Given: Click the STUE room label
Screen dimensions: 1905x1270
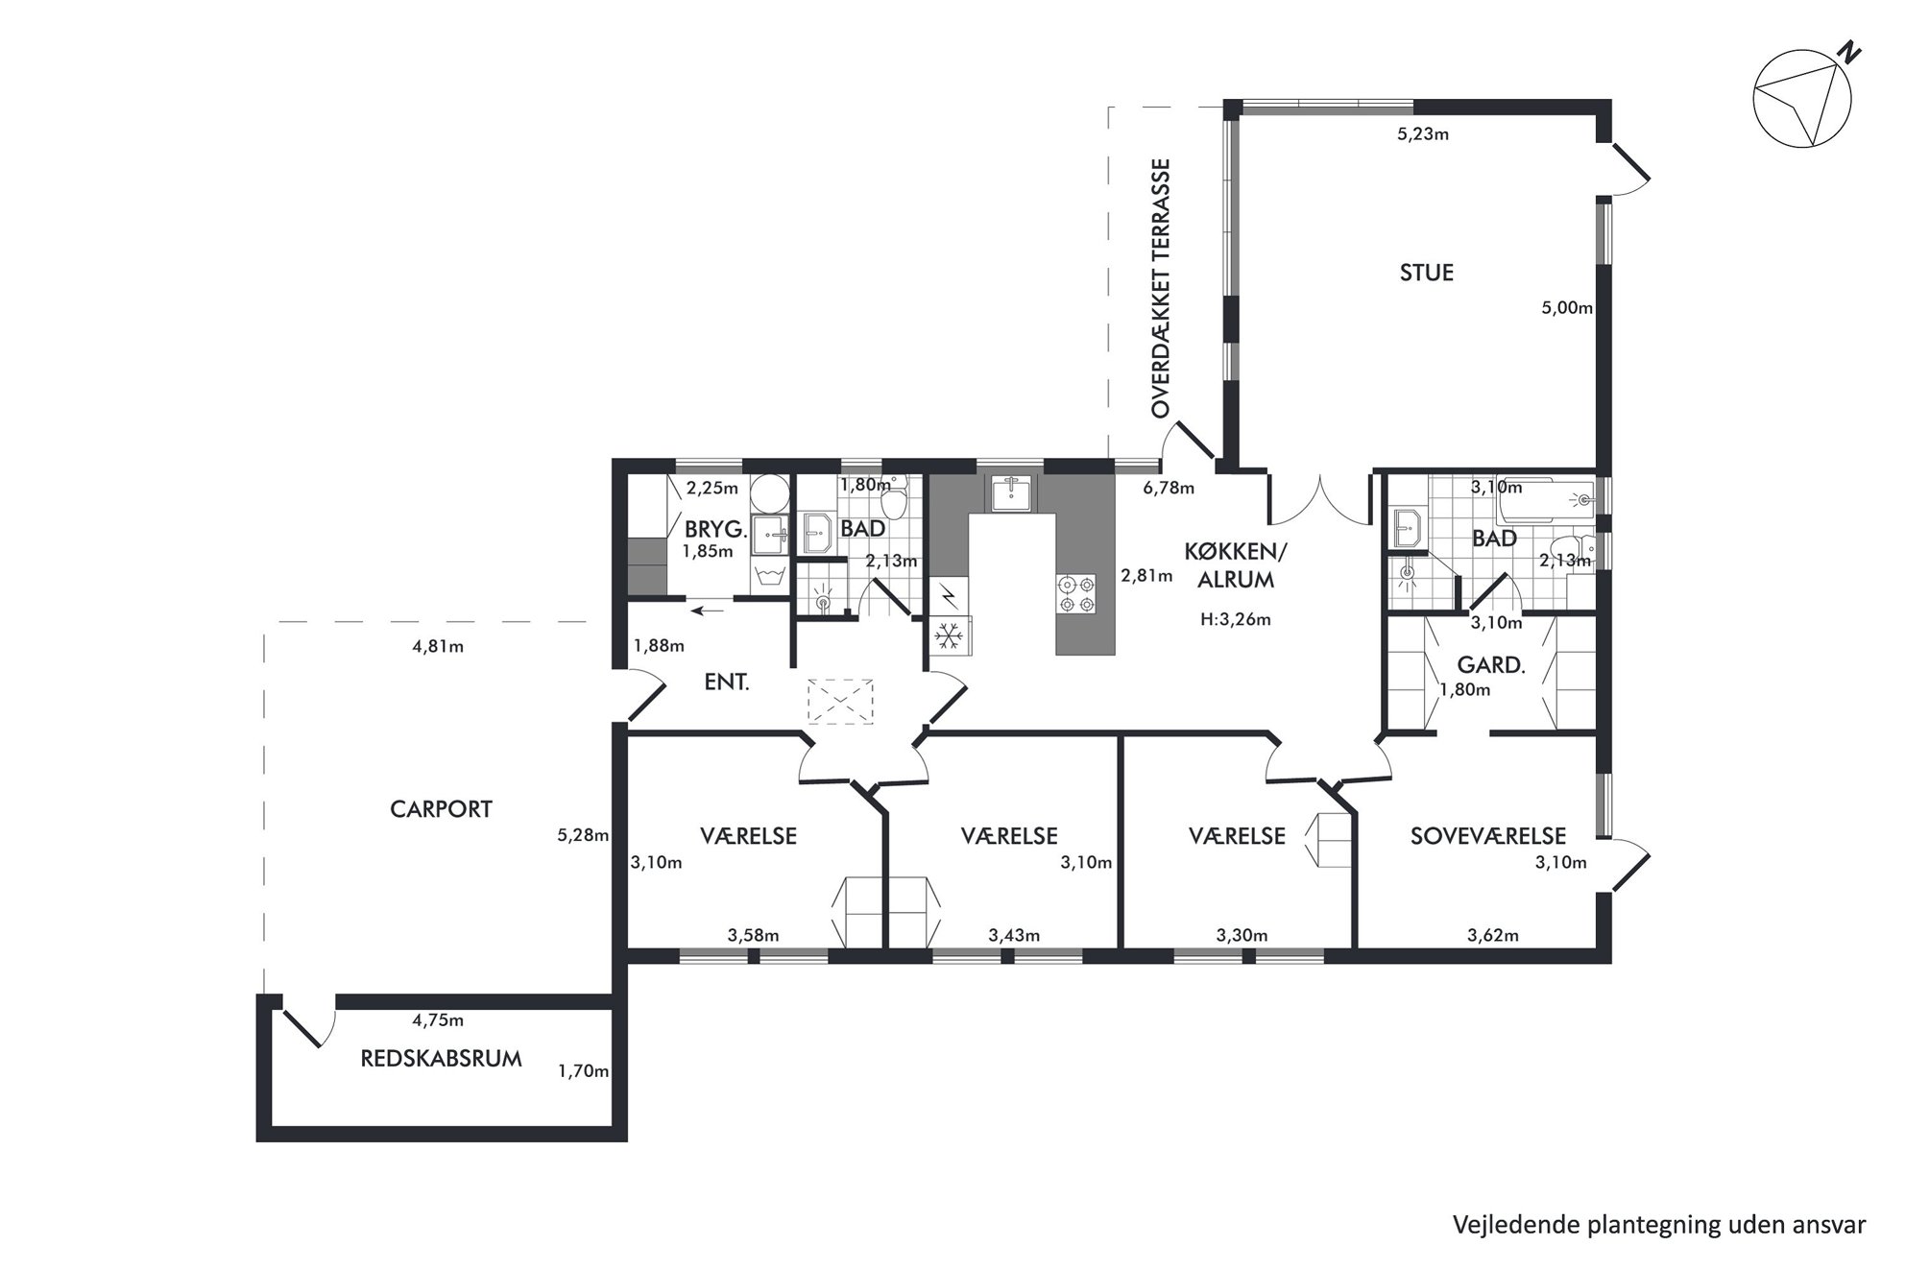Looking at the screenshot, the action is click(1426, 273).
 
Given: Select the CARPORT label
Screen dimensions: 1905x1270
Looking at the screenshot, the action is click(441, 809).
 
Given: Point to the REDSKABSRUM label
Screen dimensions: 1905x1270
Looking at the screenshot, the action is click(441, 1059).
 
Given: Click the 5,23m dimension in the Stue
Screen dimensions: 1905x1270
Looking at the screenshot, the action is click(1422, 134).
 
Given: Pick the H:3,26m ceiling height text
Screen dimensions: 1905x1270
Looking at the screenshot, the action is click(1235, 620).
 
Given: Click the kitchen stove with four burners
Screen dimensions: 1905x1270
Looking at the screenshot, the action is click(1075, 593).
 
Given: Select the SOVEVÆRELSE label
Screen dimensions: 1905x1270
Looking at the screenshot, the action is click(1488, 836).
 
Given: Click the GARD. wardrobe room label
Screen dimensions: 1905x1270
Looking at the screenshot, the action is click(1490, 664).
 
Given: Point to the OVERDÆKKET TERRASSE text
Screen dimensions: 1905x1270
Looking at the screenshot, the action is click(1162, 288).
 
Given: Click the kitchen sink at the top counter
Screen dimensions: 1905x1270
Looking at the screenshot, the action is click(1012, 493).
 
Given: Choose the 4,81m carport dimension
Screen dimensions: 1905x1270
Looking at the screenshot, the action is click(438, 647).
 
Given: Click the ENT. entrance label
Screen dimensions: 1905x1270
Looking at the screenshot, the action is click(726, 683).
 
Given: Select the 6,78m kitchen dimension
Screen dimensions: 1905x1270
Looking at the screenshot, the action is click(1169, 489).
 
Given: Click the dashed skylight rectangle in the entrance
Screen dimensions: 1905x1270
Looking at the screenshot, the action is click(840, 702).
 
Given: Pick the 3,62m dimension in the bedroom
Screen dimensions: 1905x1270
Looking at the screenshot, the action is click(1493, 936).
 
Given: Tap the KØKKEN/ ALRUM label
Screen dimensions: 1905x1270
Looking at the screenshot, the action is click(1235, 565).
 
